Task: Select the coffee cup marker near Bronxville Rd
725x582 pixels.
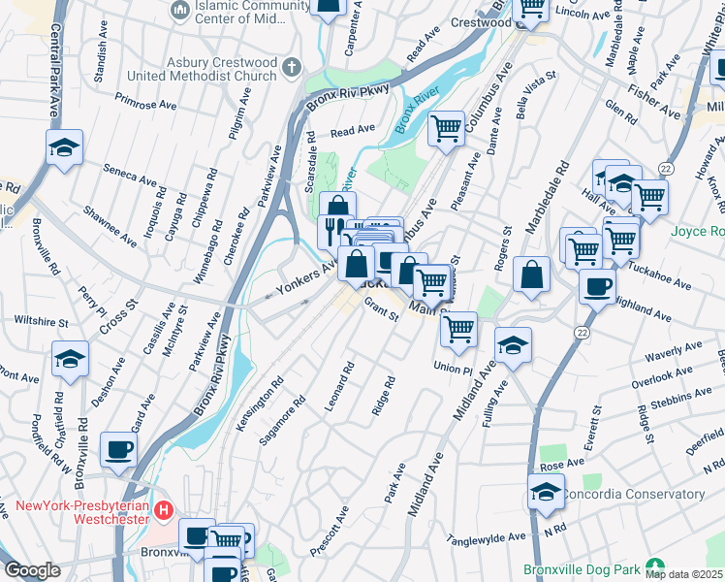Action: click(118, 450)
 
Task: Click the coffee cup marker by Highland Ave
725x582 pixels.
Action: click(597, 286)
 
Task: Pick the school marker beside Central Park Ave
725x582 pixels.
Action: click(64, 148)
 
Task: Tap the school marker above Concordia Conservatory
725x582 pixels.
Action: click(546, 493)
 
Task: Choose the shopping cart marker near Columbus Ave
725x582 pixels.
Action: click(446, 128)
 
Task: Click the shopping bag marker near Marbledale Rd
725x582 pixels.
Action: click(532, 275)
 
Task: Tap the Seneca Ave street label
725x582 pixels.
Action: click(132, 180)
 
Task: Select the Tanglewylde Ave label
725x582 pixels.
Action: click(487, 536)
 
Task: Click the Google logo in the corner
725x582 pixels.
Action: click(32, 570)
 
